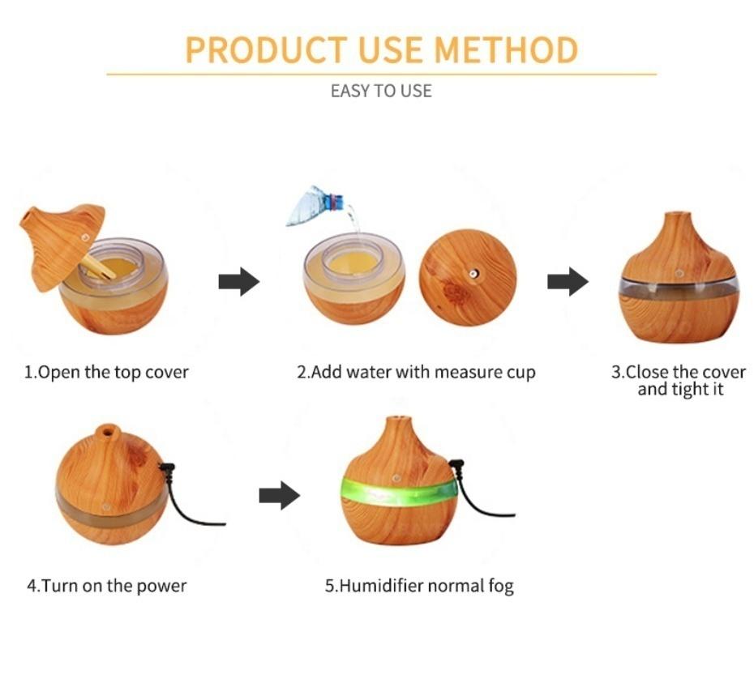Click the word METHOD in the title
[506, 50]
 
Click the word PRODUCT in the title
[266, 50]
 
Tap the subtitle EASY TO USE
[381, 91]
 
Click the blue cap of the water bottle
[332, 202]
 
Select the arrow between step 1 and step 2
[239, 282]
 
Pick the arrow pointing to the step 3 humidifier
[568, 282]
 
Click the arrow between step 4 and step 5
[280, 496]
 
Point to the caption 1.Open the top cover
[106, 373]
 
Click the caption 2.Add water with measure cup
[416, 373]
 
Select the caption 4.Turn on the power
[107, 586]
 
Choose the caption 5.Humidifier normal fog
[419, 586]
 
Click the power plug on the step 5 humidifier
[456, 465]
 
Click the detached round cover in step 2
[468, 277]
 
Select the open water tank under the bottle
[354, 278]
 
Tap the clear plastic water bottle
[315, 207]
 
